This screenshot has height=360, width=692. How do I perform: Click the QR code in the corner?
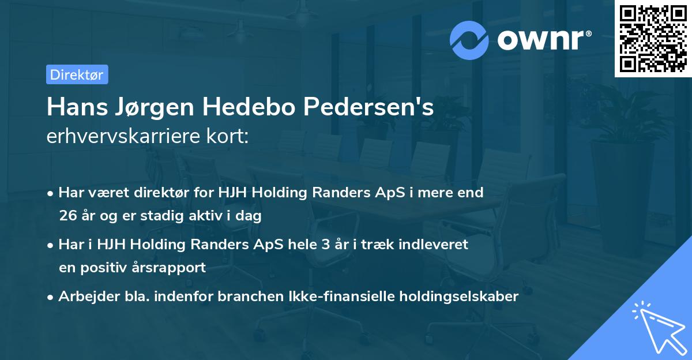[653, 38]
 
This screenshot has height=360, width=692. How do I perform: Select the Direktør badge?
[77, 74]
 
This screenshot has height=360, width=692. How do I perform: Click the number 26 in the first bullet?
[68, 216]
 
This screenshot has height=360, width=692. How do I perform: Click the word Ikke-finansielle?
[325, 297]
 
